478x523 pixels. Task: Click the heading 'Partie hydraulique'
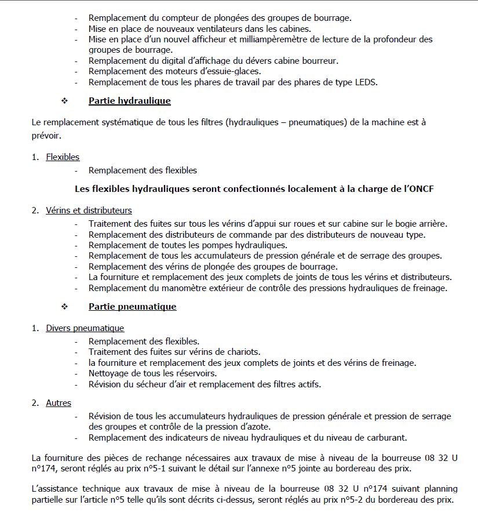click(x=129, y=101)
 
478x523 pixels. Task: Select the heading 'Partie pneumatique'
click(x=132, y=306)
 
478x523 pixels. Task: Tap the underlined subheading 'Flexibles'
click(x=63, y=157)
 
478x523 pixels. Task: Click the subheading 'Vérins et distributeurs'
click(x=89, y=210)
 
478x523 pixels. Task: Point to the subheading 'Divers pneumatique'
click(x=85, y=328)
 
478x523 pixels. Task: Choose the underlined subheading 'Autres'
click(x=59, y=403)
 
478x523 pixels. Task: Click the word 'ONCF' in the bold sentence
click(x=422, y=189)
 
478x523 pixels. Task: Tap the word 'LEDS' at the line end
click(x=366, y=82)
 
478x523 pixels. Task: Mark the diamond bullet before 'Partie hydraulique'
click(x=64, y=101)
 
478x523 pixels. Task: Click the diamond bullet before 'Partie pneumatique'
click(x=64, y=306)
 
